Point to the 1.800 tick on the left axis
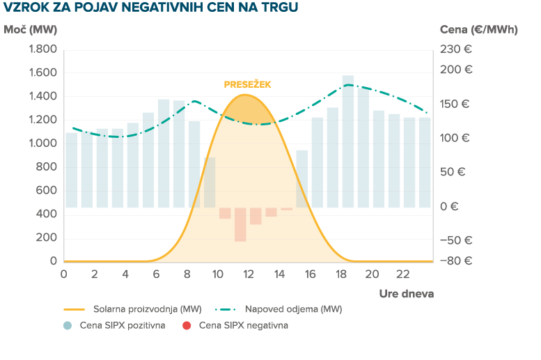(x=42, y=49)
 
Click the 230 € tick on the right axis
(x=455, y=49)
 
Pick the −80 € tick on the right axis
(x=457, y=261)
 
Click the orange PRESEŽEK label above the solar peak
(x=247, y=84)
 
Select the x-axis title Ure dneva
(x=407, y=293)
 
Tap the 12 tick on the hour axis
(x=248, y=273)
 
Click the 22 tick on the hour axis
(x=402, y=273)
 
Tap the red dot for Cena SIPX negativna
(x=186, y=325)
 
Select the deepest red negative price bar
(x=240, y=224)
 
